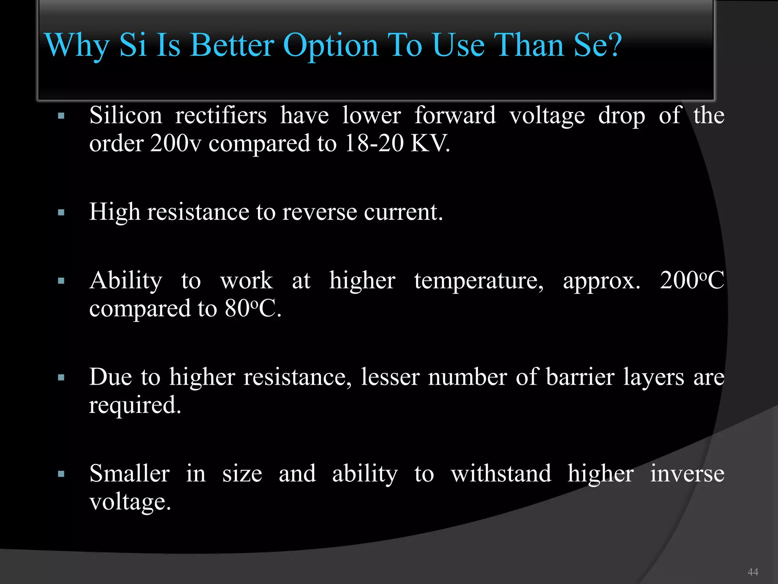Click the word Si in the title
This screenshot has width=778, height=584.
pos(133,45)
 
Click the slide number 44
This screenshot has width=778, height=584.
pos(753,572)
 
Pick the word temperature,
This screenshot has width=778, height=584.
pos(479,281)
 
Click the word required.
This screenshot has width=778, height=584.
pos(135,405)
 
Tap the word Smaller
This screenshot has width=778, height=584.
pos(130,474)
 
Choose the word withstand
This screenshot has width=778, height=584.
pos(501,474)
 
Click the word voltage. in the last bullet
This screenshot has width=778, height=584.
pos(130,502)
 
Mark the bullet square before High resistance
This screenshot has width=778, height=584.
pos(61,212)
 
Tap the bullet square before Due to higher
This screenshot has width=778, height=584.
pos(61,378)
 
